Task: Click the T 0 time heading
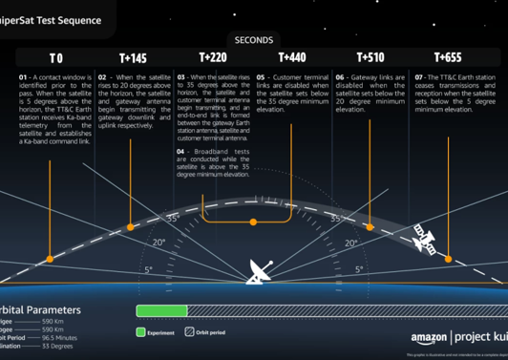click(55, 58)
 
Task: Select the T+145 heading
click(133, 58)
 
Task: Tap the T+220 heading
click(212, 57)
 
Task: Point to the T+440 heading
click(291, 58)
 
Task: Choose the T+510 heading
click(370, 58)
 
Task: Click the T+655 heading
click(448, 58)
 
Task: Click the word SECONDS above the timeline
click(253, 40)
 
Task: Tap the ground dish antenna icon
click(258, 273)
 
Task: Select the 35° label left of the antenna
click(174, 218)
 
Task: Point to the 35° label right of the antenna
click(336, 218)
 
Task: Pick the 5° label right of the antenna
click(360, 270)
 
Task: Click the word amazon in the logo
click(428, 337)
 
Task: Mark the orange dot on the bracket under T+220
click(253, 222)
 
